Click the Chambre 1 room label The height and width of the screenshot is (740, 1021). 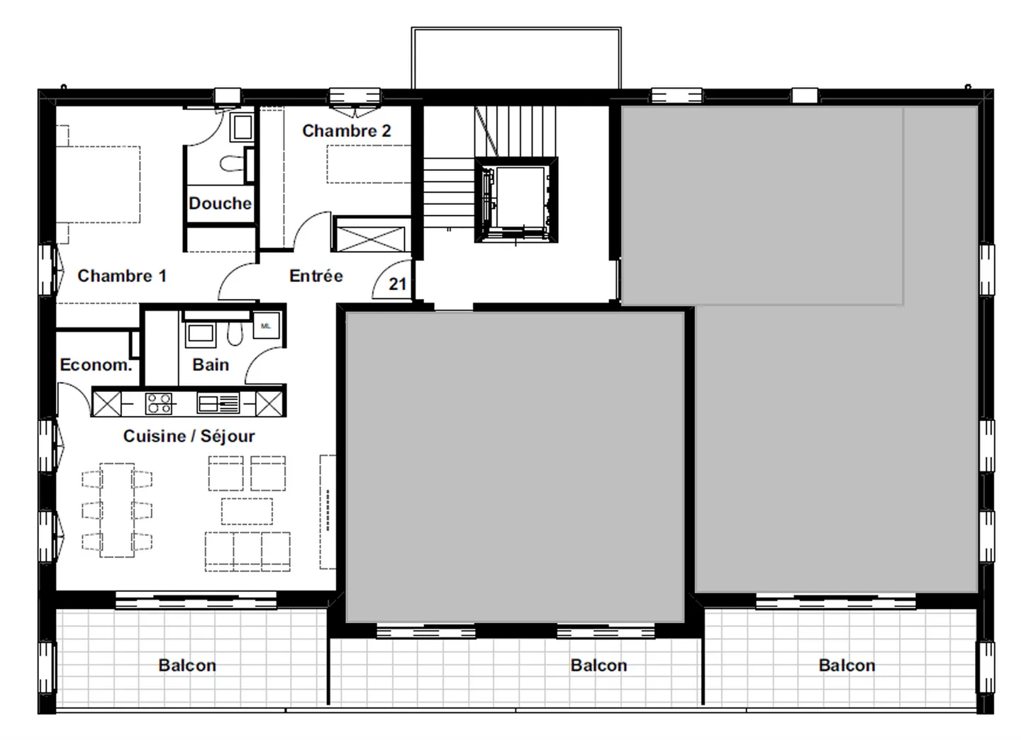coord(121,276)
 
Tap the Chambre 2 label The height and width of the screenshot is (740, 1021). coord(346,131)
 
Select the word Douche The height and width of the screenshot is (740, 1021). coord(220,203)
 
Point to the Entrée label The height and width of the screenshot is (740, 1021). coord(316,276)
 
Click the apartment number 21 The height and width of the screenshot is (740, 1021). coord(398,284)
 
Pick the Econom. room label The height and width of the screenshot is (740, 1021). coord(96,365)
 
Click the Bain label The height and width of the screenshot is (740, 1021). coord(211,365)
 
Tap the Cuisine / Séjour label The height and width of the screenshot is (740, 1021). coord(189,436)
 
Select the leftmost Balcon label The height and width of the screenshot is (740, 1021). coord(187,665)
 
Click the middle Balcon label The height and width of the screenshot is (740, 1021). coord(598,665)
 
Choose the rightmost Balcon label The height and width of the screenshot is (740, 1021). coord(847,665)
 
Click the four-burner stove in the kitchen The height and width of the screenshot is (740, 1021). coord(158,403)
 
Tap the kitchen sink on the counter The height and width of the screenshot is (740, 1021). coord(218,403)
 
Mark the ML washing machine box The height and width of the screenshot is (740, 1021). coord(266,326)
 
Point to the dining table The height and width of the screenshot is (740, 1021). coord(117,510)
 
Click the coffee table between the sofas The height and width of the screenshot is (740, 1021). coord(247,510)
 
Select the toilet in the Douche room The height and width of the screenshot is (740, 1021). coord(231,164)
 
